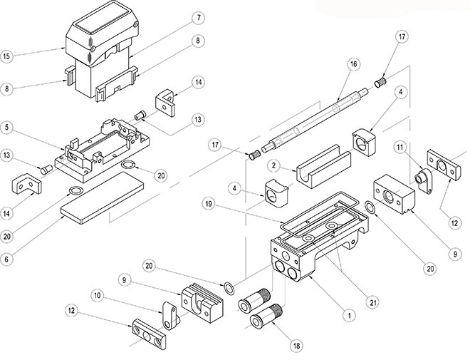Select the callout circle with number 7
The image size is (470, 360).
tap(199, 16)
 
